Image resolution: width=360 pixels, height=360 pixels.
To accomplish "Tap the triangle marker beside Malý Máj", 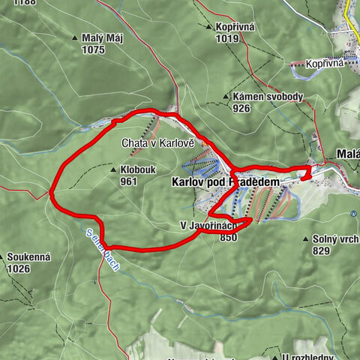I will [75, 38].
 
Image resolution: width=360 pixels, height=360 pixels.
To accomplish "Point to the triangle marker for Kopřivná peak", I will [209, 27].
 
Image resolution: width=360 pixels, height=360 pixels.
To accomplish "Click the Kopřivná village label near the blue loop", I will [324, 64].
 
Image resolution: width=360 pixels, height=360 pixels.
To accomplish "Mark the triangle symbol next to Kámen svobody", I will [226, 97].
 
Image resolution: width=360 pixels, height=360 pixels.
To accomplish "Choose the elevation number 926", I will [241, 109].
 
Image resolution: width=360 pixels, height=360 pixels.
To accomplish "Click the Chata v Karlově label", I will [157, 142].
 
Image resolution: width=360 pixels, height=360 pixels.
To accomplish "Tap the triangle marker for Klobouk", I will [113, 169].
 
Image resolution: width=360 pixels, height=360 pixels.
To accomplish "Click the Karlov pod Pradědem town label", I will [225, 182].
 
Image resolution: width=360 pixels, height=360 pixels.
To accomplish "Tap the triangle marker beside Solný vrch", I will [305, 239].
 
